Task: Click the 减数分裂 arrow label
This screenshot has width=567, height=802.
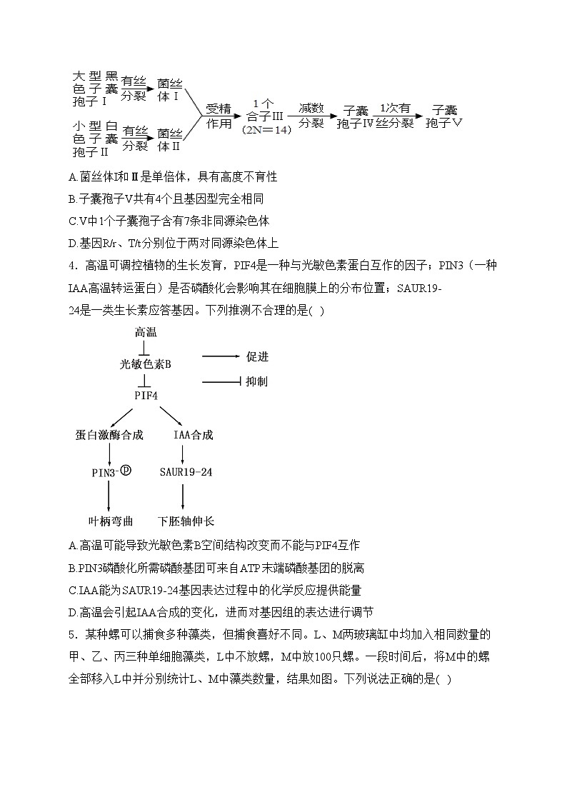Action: [311, 114]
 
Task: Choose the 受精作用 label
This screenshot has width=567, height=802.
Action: [219, 116]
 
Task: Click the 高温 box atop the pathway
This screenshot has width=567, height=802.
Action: [146, 332]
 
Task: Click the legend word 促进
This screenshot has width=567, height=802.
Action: [257, 356]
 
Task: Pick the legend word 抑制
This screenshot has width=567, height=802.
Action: [257, 382]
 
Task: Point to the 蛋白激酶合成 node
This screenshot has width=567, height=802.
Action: [109, 435]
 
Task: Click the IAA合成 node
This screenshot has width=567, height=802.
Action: [193, 435]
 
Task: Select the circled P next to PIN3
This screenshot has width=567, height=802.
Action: [126, 470]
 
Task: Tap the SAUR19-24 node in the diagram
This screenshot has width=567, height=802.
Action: [186, 472]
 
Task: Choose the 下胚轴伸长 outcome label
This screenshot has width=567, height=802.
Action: [186, 521]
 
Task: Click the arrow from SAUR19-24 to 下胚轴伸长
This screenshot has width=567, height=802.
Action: [184, 496]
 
